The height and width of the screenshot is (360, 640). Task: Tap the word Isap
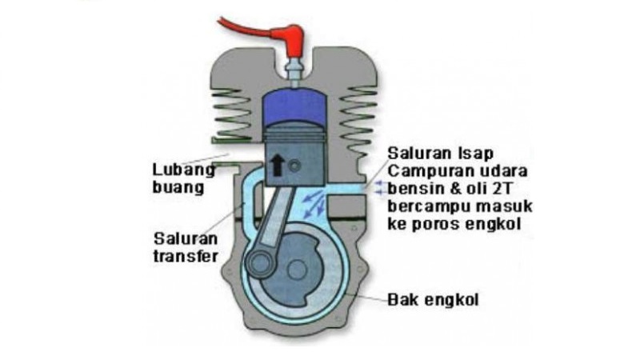coord(472,153)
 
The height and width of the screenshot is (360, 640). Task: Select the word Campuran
coord(425,170)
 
